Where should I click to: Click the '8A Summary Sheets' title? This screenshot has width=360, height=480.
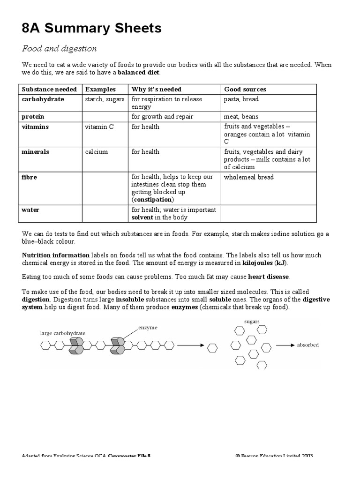[91, 28]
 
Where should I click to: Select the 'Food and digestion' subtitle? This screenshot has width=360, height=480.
[60, 49]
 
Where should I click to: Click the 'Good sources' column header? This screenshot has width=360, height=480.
[245, 89]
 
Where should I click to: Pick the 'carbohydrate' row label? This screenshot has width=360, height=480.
[43, 99]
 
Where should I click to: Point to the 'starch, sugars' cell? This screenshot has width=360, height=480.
[105, 99]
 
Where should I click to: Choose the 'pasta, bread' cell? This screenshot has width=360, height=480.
[241, 99]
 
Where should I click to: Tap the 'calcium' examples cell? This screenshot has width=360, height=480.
[96, 152]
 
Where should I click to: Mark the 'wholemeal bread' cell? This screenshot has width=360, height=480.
[248, 177]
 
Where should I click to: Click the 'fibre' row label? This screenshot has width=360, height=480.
[30, 177]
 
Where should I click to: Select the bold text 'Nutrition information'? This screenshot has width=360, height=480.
[56, 255]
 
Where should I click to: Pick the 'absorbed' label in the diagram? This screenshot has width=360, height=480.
[307, 345]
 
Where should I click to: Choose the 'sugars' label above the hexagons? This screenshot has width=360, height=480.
[252, 322]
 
